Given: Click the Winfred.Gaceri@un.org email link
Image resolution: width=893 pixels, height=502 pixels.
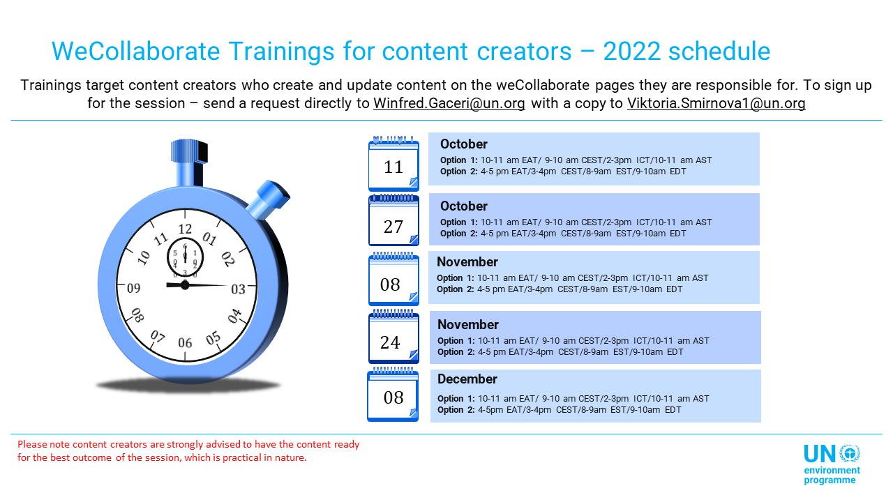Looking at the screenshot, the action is coord(449,103).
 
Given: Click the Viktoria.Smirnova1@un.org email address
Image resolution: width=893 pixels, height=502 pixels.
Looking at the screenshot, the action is coord(716,103).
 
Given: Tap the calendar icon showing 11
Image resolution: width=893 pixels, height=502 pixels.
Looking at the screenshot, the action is coord(393,163).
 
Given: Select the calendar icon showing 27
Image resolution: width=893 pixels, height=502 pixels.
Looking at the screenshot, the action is coord(393,220).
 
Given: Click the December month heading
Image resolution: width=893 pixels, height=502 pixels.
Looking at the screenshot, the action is coord(467,379).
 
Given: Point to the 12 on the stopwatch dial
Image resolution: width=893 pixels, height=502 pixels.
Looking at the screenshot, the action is coord(185,229).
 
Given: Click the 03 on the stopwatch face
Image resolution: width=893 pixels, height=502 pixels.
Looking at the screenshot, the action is coord(238,289).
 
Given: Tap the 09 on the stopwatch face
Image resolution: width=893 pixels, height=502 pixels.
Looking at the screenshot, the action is coord(133,288).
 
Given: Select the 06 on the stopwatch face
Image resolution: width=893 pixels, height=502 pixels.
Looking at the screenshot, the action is coord(185,342).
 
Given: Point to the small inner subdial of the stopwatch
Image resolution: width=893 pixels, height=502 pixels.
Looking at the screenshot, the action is coord(185,258).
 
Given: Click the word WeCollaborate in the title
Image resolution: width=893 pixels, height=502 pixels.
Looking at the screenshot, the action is coord(135,51).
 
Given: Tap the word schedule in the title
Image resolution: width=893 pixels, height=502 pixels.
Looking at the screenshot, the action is coord(719,51).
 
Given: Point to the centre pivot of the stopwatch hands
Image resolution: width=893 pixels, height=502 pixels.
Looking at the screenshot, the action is coord(185,285).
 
